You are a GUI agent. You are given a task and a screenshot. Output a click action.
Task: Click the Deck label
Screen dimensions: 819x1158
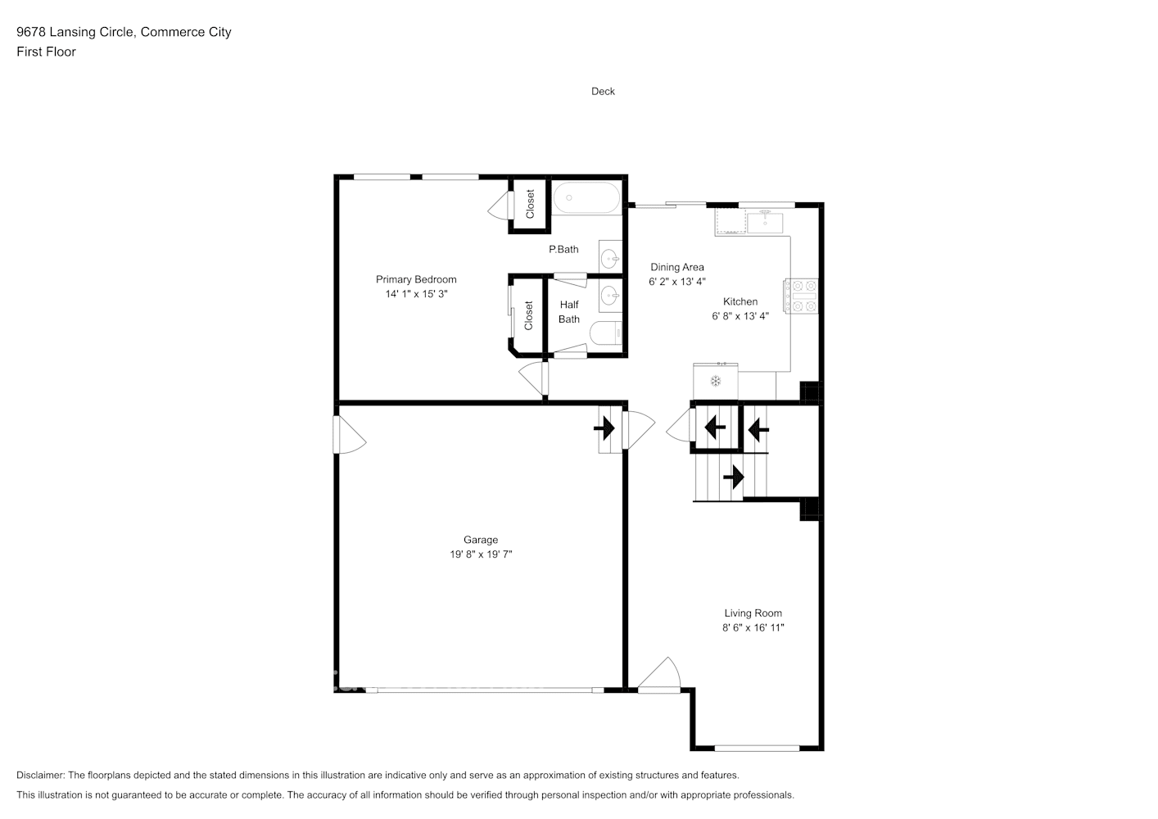(x=603, y=92)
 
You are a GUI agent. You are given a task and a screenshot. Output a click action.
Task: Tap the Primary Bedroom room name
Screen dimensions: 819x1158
(x=416, y=279)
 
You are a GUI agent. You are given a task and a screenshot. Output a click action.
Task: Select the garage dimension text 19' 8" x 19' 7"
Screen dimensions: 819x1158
(x=481, y=554)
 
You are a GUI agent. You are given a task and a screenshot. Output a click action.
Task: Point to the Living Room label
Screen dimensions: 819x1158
(x=753, y=613)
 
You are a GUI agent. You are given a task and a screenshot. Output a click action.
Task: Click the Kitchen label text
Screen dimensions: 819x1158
(x=740, y=301)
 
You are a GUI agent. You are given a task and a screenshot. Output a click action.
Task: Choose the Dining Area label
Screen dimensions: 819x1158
(x=676, y=267)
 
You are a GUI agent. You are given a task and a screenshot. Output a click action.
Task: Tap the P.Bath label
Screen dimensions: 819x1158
(x=563, y=249)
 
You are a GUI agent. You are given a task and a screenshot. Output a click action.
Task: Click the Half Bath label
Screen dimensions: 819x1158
(x=569, y=312)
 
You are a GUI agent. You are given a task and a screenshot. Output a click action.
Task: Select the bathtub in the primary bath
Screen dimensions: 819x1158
(x=586, y=198)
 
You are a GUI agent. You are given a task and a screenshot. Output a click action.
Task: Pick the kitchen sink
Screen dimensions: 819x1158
(x=764, y=222)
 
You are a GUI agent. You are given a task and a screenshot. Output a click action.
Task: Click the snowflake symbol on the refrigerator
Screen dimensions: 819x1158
(x=715, y=381)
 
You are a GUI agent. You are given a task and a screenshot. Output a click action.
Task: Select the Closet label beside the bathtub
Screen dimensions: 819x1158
(x=530, y=204)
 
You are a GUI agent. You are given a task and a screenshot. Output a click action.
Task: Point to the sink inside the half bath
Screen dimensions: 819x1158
(x=610, y=296)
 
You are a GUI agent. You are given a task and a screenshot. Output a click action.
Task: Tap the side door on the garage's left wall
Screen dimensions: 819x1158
(x=347, y=436)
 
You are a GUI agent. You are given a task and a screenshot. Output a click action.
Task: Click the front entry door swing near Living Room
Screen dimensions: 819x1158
(x=660, y=676)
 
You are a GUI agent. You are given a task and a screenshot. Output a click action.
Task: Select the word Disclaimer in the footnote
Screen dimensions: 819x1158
(x=40, y=775)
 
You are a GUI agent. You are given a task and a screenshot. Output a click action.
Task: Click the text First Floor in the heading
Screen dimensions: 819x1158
(x=46, y=52)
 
